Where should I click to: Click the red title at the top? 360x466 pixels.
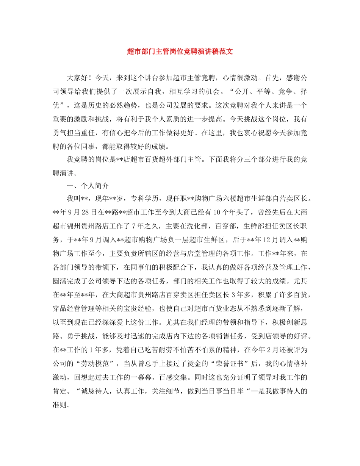coord(180,52)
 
